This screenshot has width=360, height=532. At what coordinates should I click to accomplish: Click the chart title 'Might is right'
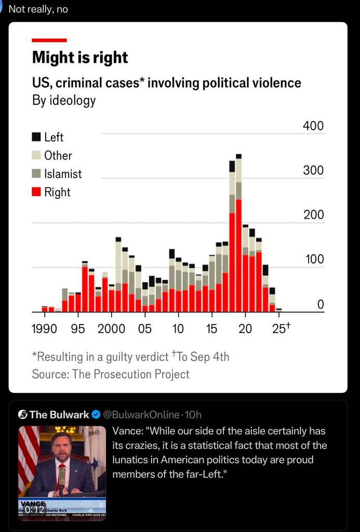pos(80,57)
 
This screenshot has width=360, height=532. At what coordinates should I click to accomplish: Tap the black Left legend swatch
pos(36,137)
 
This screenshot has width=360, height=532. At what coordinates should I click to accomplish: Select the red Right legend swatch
pos(36,192)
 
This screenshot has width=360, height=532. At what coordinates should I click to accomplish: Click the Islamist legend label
pos(63,174)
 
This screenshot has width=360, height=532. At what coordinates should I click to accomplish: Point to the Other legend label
pos(58,155)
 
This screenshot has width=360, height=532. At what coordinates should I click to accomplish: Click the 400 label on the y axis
pos(314,126)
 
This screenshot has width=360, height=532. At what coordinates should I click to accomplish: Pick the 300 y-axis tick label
pos(314,170)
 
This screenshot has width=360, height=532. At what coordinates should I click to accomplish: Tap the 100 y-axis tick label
pos(314,259)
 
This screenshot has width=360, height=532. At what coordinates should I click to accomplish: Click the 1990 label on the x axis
pos(45,329)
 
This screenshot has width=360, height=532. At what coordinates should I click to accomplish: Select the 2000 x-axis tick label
pos(111,329)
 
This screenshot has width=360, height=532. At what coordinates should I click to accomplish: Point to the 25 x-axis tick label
pos(279,329)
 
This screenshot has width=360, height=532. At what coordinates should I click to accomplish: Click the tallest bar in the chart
pos(238,234)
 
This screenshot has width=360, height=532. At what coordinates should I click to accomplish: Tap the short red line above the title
pos(49,40)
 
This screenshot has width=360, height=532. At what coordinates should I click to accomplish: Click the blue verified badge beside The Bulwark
pos(96,415)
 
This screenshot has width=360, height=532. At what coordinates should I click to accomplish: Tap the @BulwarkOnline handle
pos(140,415)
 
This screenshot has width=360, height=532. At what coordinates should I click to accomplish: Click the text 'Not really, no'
pos(38,9)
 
